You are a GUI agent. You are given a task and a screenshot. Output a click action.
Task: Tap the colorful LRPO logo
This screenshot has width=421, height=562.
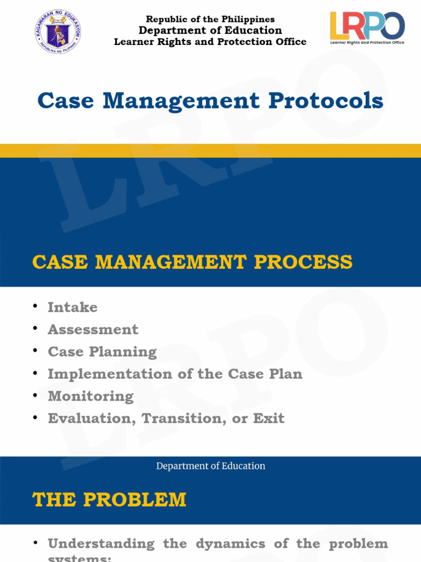click(x=367, y=27)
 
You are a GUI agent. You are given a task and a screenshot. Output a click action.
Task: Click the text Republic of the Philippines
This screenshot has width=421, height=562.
click(x=210, y=20)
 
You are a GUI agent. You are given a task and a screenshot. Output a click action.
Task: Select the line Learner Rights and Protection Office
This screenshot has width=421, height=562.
click(x=210, y=42)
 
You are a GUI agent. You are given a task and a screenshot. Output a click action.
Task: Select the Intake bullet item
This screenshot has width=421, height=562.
click(x=72, y=307)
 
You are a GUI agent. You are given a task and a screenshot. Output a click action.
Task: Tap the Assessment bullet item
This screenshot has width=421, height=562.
click(x=93, y=330)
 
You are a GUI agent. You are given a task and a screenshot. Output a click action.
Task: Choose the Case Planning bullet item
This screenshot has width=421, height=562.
click(x=102, y=352)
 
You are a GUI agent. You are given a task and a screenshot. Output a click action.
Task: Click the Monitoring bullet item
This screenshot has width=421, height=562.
click(x=90, y=396)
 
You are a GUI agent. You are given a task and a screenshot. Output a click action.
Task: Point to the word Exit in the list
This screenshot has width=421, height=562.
click(x=269, y=419)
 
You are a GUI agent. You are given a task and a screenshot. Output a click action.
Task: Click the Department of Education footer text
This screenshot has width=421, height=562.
click(x=210, y=466)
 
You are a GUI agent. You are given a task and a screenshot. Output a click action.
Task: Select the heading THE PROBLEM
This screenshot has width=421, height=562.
click(x=109, y=500)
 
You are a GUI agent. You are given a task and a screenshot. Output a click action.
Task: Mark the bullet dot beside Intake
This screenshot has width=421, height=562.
click(x=36, y=306)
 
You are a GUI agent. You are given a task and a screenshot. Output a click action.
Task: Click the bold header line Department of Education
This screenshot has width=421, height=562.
click(x=210, y=31)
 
